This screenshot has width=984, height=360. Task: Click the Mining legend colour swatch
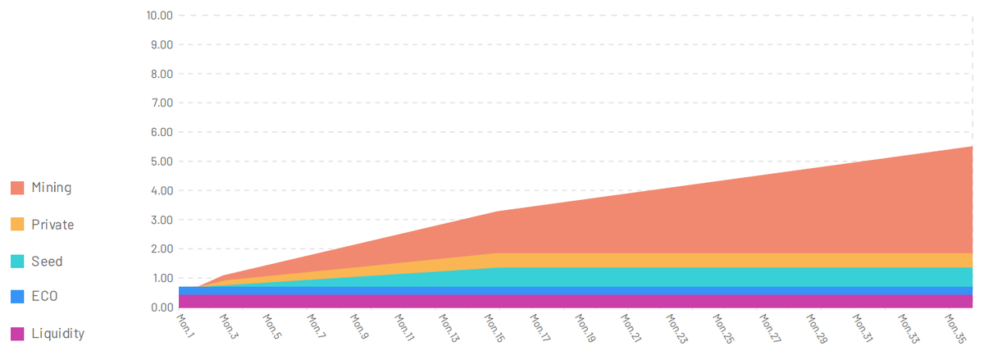coord(17,188)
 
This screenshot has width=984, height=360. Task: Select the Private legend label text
coord(52,225)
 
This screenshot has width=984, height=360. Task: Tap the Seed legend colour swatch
coord(17,262)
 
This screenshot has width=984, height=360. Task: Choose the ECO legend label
coord(45,297)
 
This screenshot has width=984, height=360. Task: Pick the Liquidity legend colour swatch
coord(17,334)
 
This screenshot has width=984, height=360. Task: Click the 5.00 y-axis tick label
coord(158,162)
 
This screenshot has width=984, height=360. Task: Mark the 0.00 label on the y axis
coord(158,308)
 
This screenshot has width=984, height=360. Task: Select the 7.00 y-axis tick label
coord(158,103)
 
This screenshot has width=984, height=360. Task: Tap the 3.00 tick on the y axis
coord(158,220)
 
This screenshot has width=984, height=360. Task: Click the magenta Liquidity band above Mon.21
coord(626,301)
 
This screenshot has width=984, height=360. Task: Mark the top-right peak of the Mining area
coord(972,147)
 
